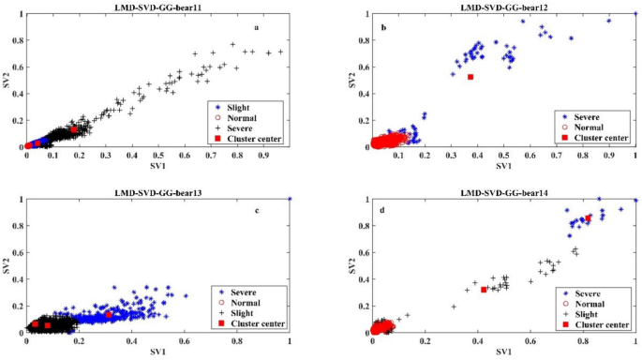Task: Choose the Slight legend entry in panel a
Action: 236,107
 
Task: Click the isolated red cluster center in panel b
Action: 470,77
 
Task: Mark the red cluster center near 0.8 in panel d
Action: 588,218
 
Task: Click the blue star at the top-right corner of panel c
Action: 290,199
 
